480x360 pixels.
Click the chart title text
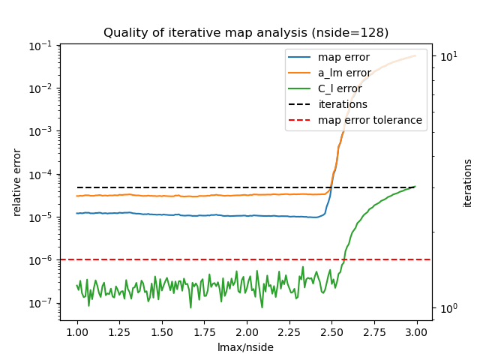pos(246,33)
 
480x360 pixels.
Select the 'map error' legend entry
pos(343,58)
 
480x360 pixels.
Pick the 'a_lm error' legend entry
pos(344,73)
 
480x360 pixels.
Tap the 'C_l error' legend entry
pos(340,88)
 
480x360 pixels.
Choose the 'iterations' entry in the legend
pos(343,104)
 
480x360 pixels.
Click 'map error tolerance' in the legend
pos(370,120)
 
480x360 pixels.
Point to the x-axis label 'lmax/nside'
pos(246,347)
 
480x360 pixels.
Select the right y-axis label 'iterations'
pos(468,182)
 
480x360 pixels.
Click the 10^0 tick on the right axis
pos(447,308)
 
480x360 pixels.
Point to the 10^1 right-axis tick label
pos(447,56)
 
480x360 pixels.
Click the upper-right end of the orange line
pos(415,55)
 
